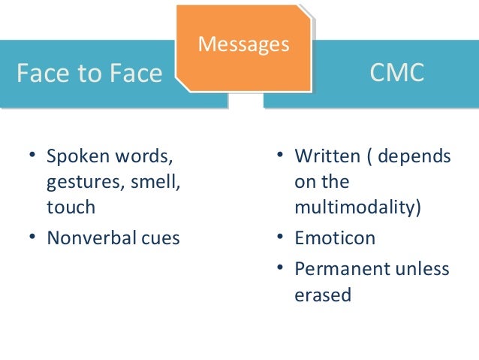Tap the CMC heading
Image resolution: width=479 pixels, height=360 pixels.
[397, 72]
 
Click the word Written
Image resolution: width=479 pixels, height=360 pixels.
[325, 157]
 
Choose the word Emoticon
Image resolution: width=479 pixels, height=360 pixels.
[335, 239]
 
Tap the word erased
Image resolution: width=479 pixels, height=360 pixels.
[323, 295]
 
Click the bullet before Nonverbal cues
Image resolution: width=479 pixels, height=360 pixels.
[32, 238]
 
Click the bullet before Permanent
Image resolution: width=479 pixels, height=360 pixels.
[279, 268]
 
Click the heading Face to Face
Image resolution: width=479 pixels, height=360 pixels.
[89, 73]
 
